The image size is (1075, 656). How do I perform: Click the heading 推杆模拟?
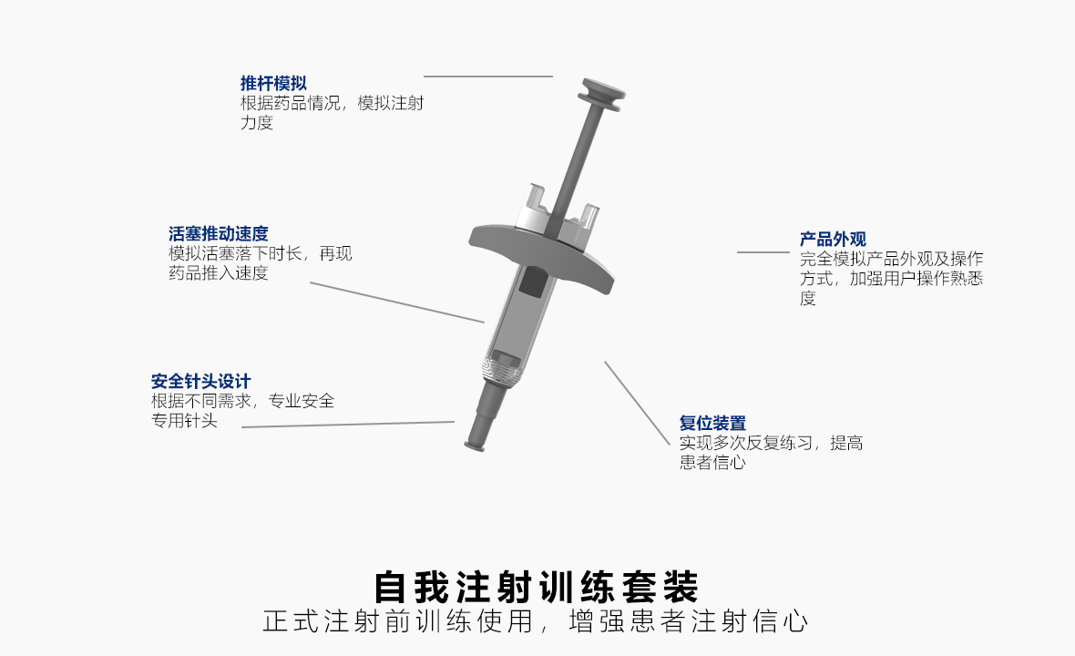tap(273, 84)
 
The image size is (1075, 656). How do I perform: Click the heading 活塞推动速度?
tap(219, 234)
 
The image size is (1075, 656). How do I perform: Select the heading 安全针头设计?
tap(200, 381)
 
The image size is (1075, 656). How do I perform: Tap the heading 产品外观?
tap(833, 240)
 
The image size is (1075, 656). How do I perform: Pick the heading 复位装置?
tap(713, 423)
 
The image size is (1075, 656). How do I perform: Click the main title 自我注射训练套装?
tap(536, 588)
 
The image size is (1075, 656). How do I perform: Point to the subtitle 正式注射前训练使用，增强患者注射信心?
tap(536, 621)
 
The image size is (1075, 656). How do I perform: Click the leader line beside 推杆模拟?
tap(488, 77)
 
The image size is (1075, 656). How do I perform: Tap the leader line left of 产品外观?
tap(763, 252)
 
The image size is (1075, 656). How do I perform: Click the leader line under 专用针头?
tap(348, 425)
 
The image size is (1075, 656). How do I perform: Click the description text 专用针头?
tap(184, 421)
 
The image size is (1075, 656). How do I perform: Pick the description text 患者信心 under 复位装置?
tap(713, 463)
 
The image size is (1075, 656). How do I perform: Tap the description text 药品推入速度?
tap(219, 273)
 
